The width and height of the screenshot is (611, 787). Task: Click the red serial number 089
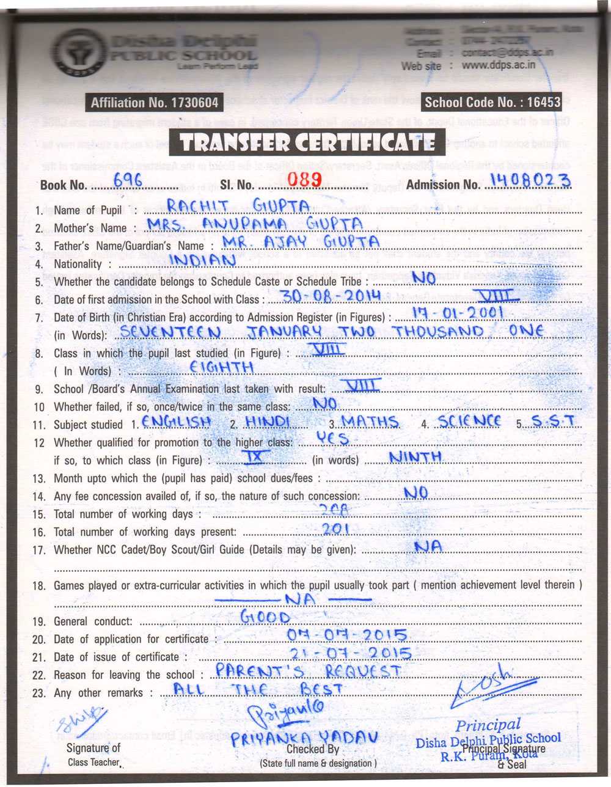[x=304, y=179]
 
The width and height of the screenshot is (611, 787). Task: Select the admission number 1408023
[x=530, y=180]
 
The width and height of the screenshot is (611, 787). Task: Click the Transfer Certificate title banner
[x=307, y=143]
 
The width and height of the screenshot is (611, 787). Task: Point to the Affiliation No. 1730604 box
[x=153, y=103]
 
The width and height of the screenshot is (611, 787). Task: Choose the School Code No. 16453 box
[x=492, y=103]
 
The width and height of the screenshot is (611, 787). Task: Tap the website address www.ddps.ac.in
[x=499, y=65]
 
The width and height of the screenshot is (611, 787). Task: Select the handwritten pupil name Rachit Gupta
[x=239, y=206]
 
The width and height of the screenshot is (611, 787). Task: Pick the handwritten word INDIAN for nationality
[x=202, y=260]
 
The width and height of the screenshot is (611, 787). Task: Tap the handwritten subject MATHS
[x=370, y=422]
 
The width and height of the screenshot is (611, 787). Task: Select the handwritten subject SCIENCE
[x=469, y=421]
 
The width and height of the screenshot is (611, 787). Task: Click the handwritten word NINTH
[x=415, y=457]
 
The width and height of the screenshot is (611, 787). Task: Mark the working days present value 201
[x=336, y=529]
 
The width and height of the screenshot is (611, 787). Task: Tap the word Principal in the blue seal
[x=488, y=725]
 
